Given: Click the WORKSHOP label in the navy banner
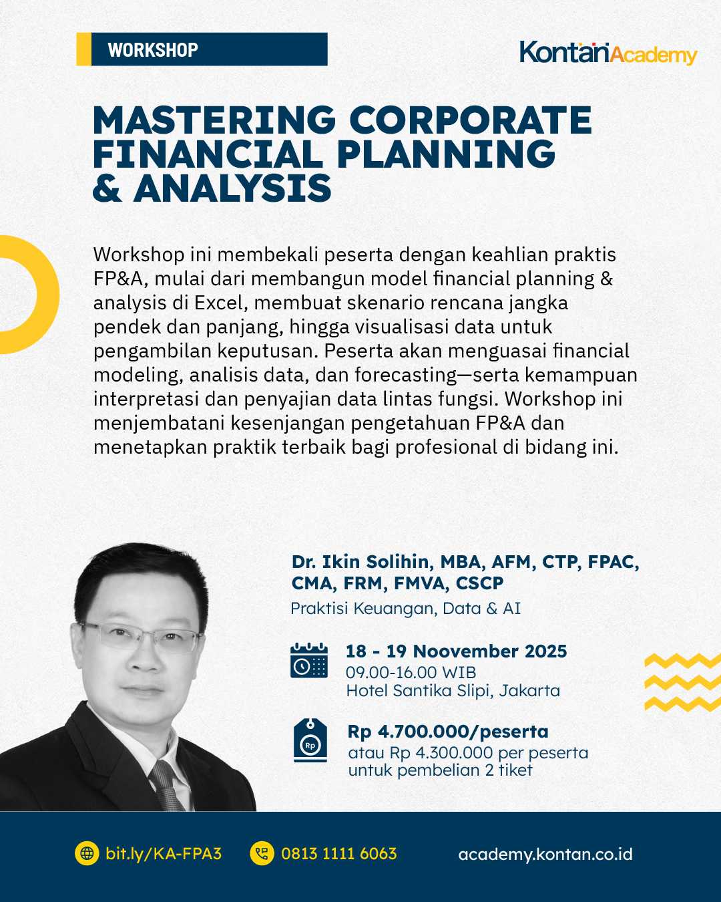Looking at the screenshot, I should tap(153, 50).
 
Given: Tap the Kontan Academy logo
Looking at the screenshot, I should tap(608, 53).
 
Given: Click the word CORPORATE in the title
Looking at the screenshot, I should tap(470, 120).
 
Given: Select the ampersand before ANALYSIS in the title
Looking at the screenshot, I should tap(107, 188).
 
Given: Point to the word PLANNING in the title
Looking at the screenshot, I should tap(446, 154).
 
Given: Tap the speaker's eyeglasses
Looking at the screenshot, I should tap(140, 636).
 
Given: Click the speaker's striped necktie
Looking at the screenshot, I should tap(166, 784).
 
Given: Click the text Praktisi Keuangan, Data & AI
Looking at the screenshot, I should tap(405, 609).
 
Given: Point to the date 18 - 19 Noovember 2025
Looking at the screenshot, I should tap(456, 651).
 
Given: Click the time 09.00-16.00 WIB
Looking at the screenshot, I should tap(411, 672).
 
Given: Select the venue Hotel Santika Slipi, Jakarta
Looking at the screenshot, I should tap(453, 690).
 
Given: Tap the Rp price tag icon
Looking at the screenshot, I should tap(310, 740).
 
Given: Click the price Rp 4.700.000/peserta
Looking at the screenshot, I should tap(448, 732).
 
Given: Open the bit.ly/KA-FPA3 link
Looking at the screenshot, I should tap(163, 853).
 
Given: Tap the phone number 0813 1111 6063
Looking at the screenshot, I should tap(338, 853).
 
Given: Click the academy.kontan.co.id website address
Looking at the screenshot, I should tap(545, 854).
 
